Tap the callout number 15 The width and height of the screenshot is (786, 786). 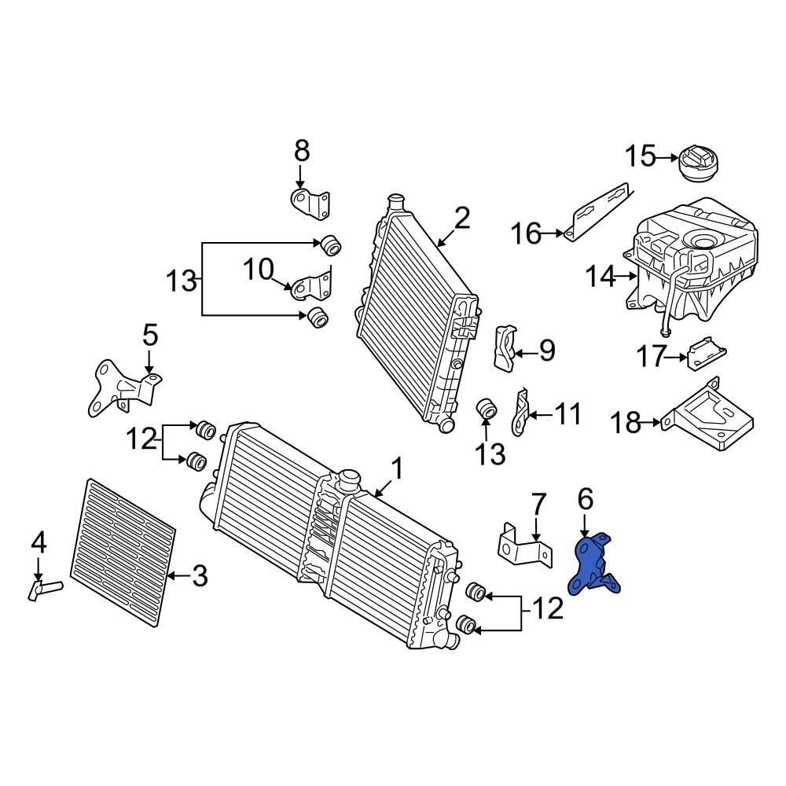(640, 156)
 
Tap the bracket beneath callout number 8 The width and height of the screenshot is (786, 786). (310, 203)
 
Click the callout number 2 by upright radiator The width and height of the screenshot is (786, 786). (461, 218)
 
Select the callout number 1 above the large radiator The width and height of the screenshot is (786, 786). (397, 470)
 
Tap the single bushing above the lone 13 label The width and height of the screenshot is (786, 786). (487, 410)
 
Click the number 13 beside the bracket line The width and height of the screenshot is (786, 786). (181, 280)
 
